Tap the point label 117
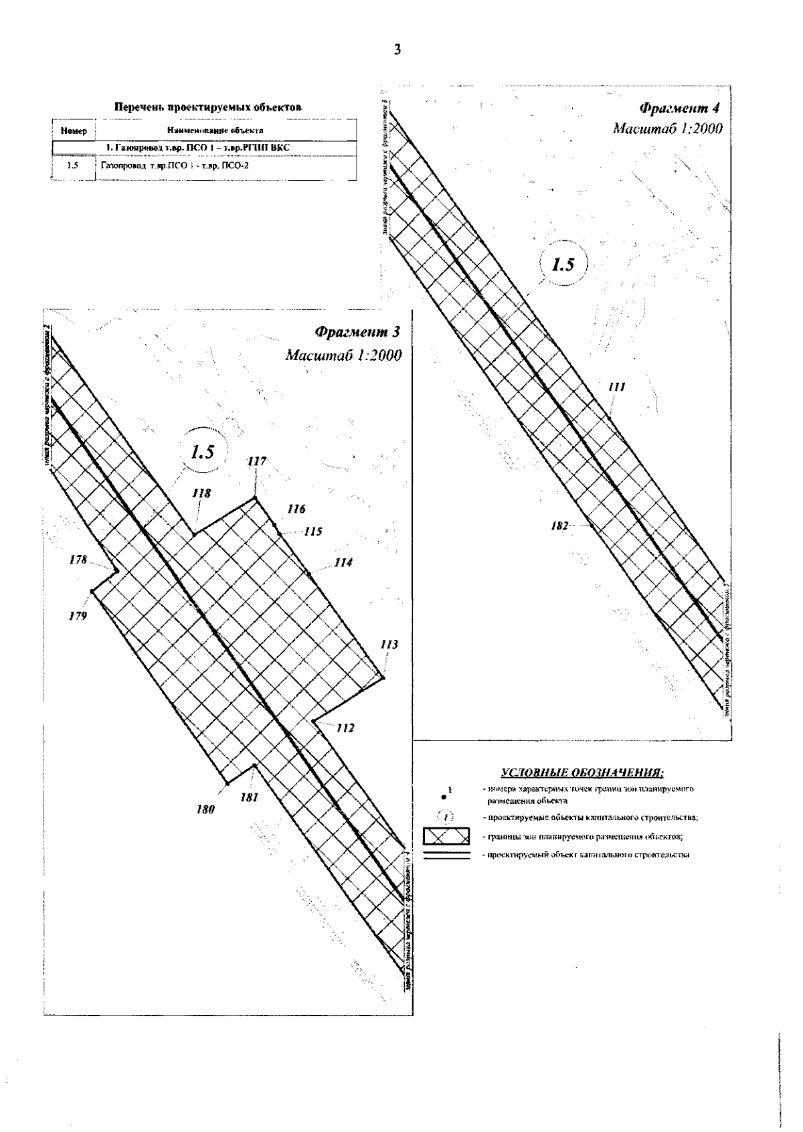coord(257,461)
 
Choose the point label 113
coord(389,645)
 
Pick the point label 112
coord(345,728)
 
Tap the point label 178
coord(79,560)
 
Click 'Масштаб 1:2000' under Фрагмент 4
coord(668,129)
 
